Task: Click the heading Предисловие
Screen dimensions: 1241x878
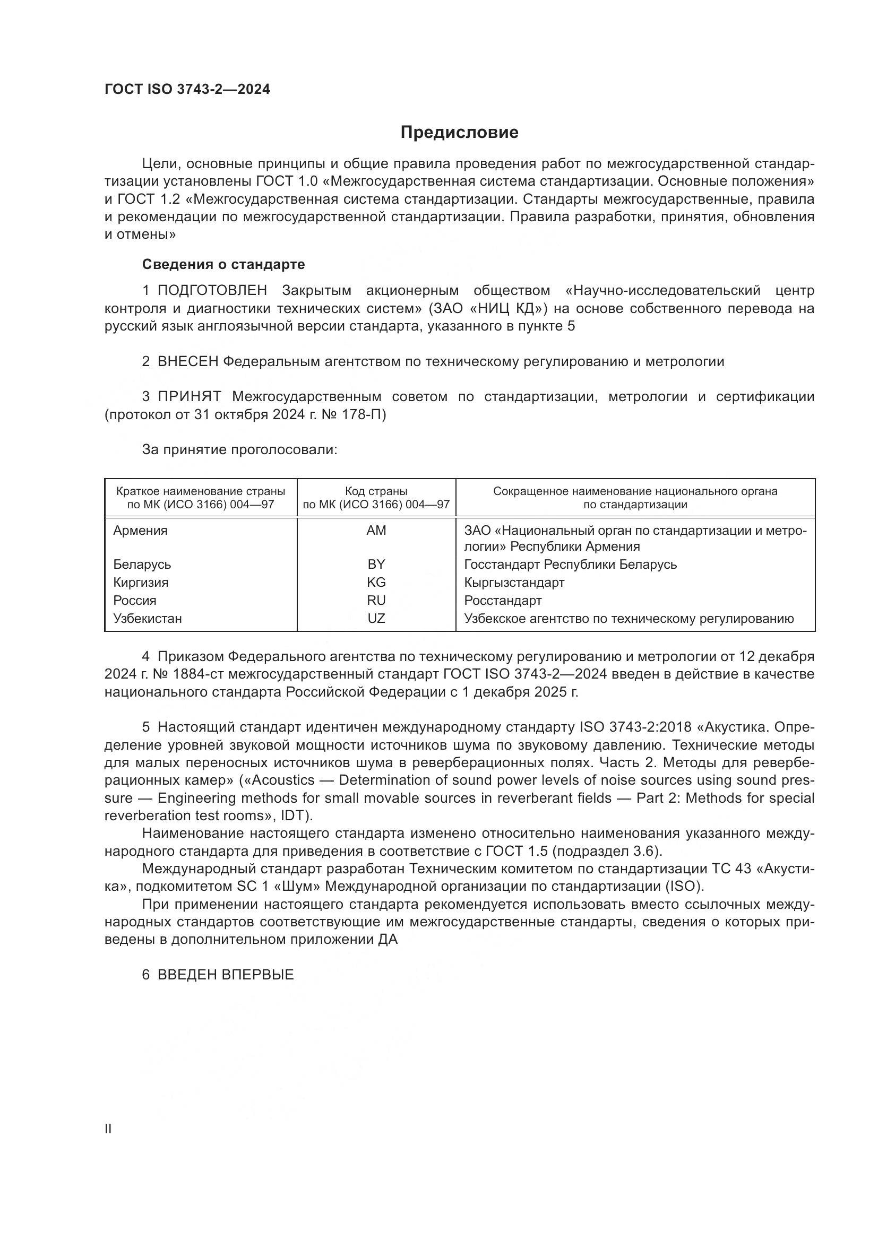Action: (x=459, y=133)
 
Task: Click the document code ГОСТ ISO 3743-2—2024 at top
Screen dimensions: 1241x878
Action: (x=187, y=90)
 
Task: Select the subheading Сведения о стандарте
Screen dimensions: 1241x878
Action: (x=223, y=264)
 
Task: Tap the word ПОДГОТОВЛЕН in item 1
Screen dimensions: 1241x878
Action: (x=212, y=291)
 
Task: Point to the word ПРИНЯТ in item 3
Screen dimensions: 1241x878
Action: (x=189, y=397)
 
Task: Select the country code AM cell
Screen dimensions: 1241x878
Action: (x=376, y=531)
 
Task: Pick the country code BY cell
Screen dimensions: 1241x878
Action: (x=376, y=565)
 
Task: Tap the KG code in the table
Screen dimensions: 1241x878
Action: (x=376, y=583)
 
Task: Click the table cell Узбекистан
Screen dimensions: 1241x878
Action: (x=148, y=618)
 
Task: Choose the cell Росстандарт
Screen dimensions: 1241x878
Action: (x=503, y=601)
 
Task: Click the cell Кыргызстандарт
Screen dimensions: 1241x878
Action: (x=514, y=583)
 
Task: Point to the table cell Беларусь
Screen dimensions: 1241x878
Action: (x=142, y=565)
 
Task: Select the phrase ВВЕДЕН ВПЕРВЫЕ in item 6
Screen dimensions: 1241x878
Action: (x=226, y=975)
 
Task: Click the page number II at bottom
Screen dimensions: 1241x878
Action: (x=108, y=1129)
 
